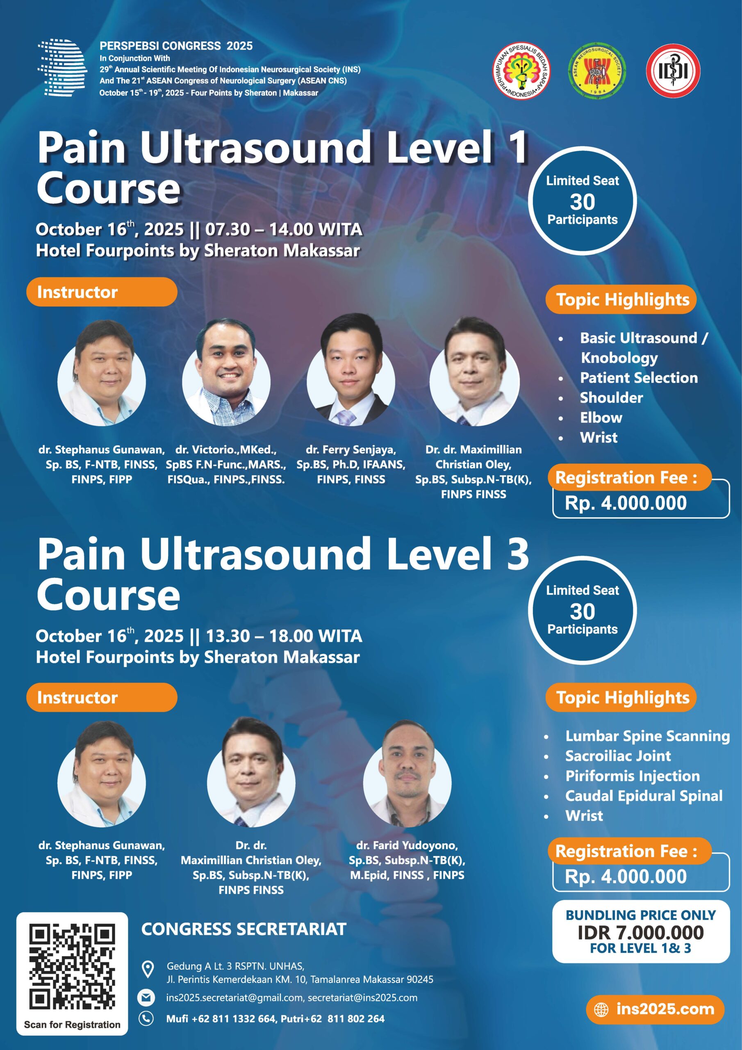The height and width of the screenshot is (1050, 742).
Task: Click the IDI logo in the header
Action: pos(673,71)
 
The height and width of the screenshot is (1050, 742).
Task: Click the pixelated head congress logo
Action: pos(63,67)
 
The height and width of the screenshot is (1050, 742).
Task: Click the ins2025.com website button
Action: pos(655,1009)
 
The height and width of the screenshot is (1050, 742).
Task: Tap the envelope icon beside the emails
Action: pos(146,997)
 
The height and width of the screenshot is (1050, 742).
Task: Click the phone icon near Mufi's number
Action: pos(146,1018)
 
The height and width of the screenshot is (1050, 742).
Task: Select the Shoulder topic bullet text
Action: pos(611,398)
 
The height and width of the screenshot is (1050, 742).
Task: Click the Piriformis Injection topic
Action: pos(632,776)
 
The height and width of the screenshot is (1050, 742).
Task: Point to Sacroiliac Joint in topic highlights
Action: pos(618,756)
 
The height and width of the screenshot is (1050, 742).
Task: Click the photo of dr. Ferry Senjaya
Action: pos(351,369)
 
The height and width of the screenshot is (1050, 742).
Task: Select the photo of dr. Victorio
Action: pos(226,371)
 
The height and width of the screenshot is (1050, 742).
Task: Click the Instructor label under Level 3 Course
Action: pos(77,697)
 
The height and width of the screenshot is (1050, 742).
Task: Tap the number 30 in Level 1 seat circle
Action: pos(583,201)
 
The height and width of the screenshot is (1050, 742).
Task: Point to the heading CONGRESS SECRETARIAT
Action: pos(244,929)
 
